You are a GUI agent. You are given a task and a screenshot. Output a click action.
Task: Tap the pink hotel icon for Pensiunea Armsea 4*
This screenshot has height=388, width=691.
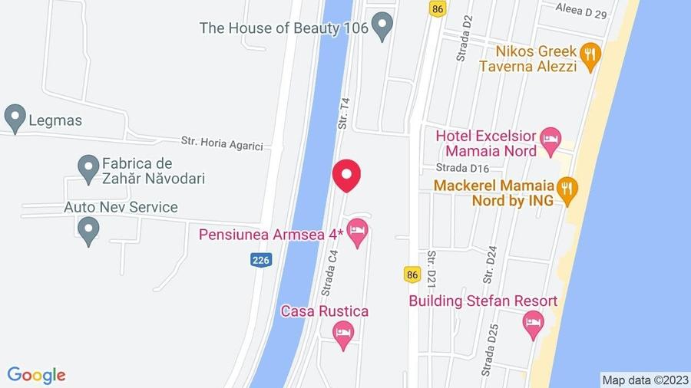tap(357, 232)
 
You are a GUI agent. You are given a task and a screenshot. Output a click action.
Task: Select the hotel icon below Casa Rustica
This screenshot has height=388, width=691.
tap(343, 334)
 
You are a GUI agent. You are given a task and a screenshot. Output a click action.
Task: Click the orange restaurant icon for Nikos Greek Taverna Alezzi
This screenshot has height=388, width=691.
tap(590, 56)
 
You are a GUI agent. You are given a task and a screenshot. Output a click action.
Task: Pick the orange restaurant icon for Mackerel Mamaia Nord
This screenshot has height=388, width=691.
tap(567, 192)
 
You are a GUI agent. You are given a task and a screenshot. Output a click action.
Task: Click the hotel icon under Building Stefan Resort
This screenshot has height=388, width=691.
tap(533, 325)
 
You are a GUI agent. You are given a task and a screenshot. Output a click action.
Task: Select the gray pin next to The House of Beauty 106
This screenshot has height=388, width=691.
tap(382, 28)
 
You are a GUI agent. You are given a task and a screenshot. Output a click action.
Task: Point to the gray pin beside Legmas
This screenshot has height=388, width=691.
tap(14, 119)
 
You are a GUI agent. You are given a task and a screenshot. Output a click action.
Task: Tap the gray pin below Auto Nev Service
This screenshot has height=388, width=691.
tap(88, 229)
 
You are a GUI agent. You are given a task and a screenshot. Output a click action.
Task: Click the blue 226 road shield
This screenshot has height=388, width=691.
tap(261, 261)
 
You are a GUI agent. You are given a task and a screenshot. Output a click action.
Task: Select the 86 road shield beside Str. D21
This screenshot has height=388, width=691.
tap(413, 275)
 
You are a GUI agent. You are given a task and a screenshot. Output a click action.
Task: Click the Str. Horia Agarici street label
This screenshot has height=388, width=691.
tap(222, 142)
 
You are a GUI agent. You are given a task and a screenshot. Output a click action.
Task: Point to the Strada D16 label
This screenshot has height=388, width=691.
tap(462, 168)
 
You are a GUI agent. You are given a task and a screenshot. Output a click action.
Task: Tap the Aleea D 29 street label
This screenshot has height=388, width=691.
tap(581, 13)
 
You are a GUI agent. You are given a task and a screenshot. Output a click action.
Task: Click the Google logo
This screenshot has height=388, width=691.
tap(36, 375)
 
